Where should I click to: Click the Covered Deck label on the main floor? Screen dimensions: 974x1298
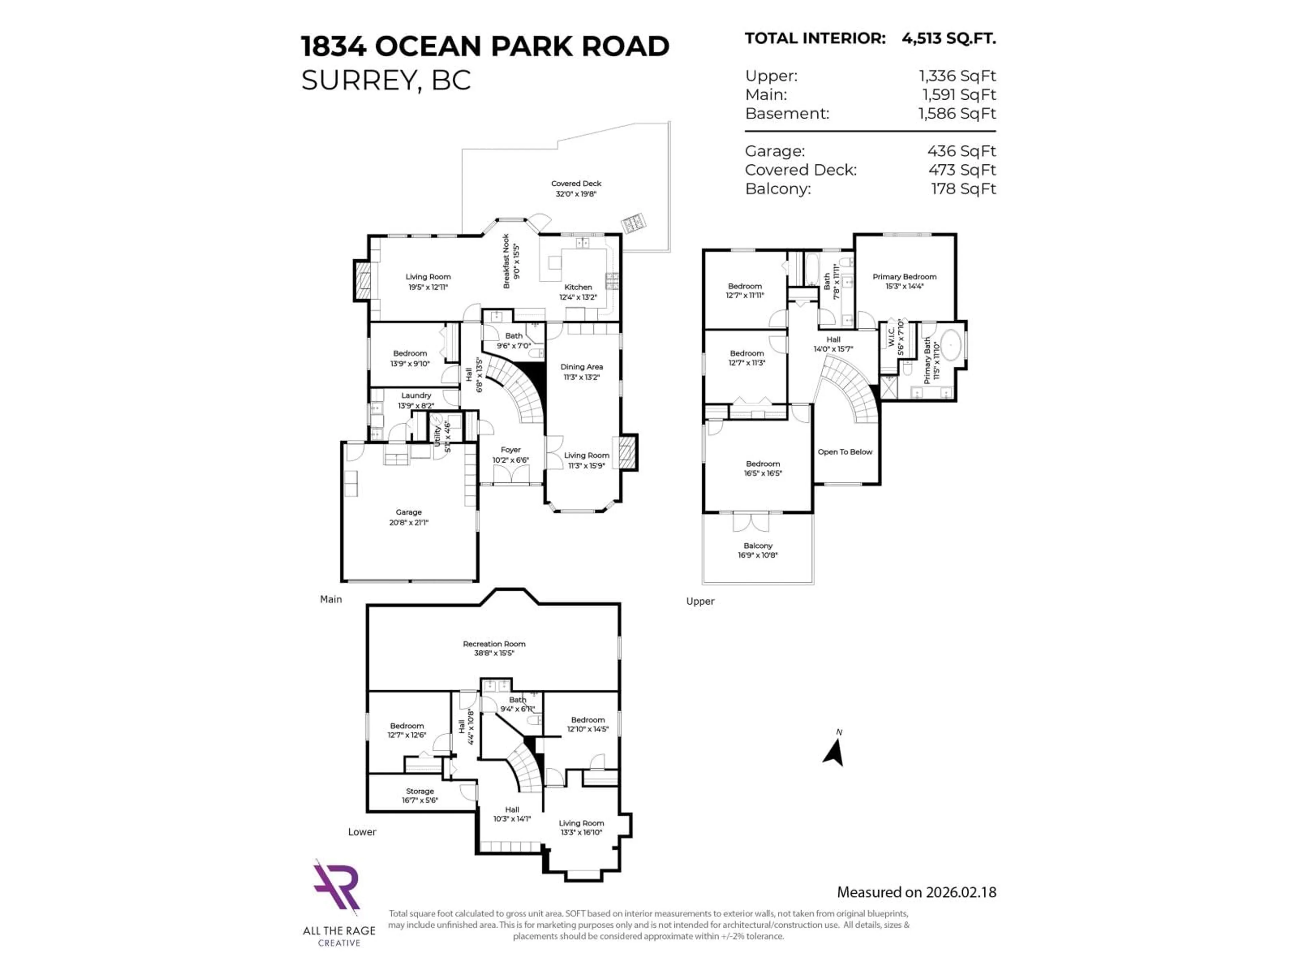point(576,184)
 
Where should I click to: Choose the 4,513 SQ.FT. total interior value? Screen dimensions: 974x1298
point(948,39)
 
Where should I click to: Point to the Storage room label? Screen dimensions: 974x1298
point(419,791)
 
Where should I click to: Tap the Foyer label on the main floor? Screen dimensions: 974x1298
point(510,450)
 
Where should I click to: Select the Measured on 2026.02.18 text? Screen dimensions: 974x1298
point(916,892)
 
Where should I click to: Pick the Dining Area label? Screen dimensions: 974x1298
point(581,367)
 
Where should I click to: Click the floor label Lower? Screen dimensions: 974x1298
point(361,832)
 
